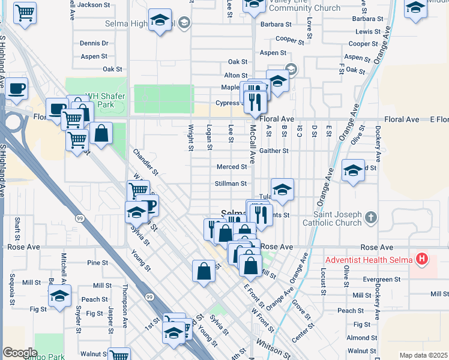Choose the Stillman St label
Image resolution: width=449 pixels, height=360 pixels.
pos(231,183)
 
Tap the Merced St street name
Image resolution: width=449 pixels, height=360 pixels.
pos(232,167)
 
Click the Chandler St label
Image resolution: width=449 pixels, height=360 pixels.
pos(145,163)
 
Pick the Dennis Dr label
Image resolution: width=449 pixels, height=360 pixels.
pos(94,43)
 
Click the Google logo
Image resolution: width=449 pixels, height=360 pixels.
pos(20,353)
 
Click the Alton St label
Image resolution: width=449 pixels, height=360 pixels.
pos(232,75)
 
